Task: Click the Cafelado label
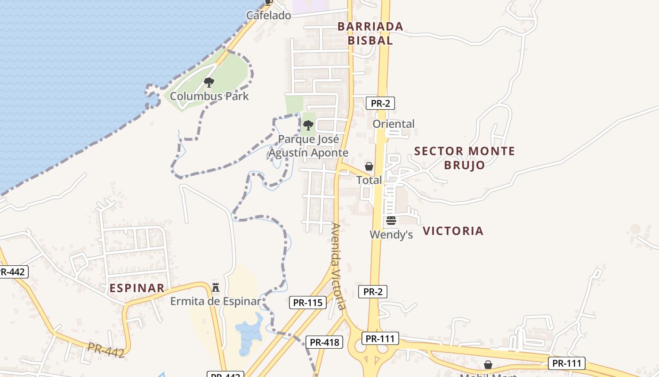click(269, 16)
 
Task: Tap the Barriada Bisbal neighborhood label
click(370, 33)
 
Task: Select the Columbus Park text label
click(209, 96)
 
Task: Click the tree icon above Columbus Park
click(209, 83)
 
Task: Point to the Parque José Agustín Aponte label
click(308, 146)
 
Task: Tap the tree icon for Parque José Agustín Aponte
click(308, 125)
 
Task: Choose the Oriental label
click(394, 124)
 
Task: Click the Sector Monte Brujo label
click(464, 158)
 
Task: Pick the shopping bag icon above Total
click(369, 166)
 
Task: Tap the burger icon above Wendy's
click(391, 221)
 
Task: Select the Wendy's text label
click(391, 234)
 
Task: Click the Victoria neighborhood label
click(453, 231)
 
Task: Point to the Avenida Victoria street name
click(338, 266)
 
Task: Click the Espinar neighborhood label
click(137, 288)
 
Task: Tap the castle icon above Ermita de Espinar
click(216, 287)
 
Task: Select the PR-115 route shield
click(308, 303)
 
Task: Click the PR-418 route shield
click(324, 342)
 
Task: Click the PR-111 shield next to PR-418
click(380, 338)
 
